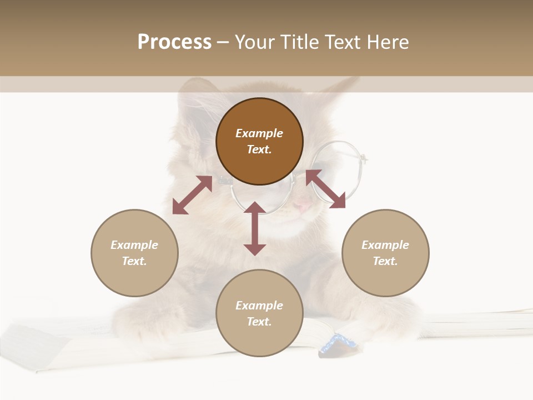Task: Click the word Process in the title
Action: click(174, 42)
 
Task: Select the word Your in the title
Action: click(255, 42)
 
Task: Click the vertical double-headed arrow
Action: click(255, 228)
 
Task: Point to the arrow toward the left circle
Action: click(192, 195)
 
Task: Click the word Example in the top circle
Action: click(259, 133)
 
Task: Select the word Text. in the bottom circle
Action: click(259, 322)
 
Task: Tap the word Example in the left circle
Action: click(134, 245)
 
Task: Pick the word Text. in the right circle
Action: click(385, 261)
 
